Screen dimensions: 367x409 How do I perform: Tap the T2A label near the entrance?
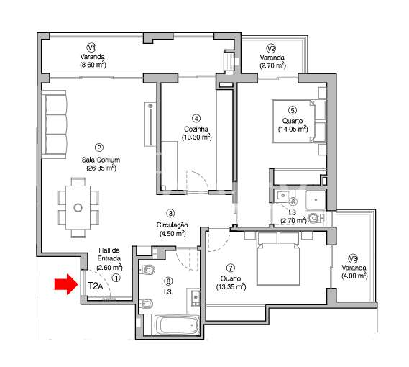click(94, 286)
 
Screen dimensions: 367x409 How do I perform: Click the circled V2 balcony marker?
click(271, 48)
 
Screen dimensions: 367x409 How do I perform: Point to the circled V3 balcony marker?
click(352, 259)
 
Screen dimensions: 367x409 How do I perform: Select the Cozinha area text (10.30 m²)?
click(196, 137)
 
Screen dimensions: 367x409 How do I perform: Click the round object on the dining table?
click(77, 209)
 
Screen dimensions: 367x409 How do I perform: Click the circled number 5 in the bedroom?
click(293, 110)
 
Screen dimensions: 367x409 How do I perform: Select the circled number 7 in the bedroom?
click(231, 267)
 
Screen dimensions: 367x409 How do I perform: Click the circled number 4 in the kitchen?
click(196, 118)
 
